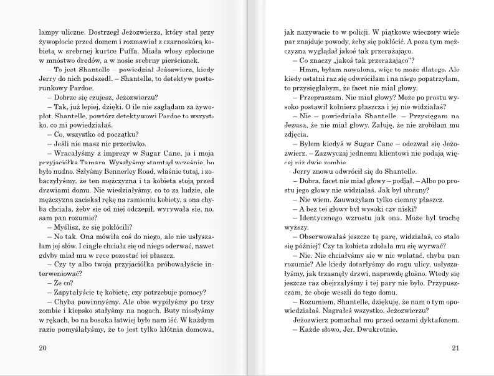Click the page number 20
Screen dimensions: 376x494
[42, 347]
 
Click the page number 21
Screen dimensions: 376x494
[455, 347]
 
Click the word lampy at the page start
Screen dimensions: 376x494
[48, 34]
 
